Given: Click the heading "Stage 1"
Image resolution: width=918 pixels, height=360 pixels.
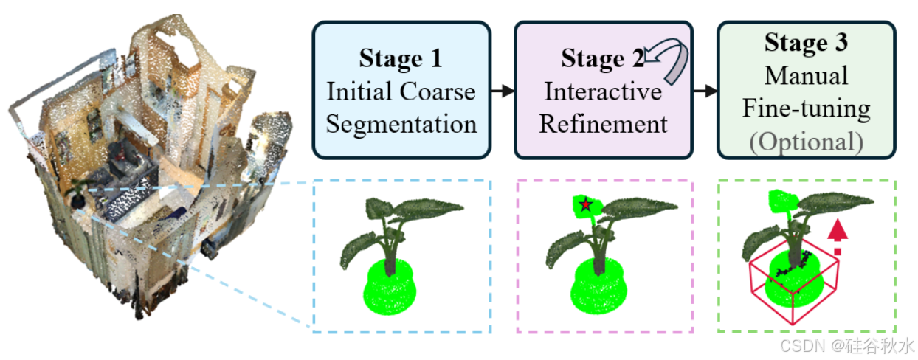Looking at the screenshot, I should point(401,58).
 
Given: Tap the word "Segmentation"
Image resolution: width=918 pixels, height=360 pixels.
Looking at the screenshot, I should point(401,123).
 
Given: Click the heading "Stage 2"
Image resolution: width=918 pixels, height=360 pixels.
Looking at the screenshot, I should point(601,58).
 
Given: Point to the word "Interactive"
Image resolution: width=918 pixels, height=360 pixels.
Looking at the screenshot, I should point(603,91).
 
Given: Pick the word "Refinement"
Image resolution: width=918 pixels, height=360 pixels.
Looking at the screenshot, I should point(603,123).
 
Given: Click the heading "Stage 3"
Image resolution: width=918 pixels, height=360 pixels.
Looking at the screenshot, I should point(806,43).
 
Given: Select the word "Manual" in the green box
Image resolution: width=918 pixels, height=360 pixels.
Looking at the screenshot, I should point(806,75).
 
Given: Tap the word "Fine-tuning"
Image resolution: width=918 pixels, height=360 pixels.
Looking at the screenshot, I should point(806,108).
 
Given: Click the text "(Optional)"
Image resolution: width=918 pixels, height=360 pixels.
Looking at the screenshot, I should point(806,141).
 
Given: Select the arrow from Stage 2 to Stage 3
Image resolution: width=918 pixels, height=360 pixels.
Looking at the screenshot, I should point(705,91).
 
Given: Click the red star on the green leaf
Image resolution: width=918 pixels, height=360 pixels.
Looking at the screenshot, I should point(585,205).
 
